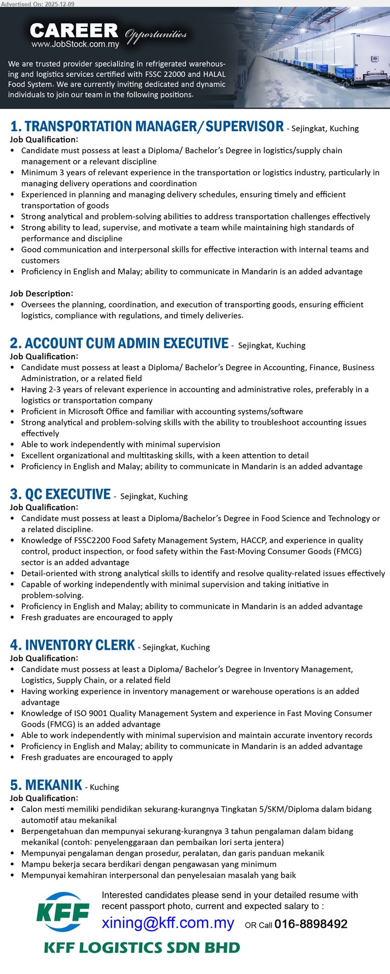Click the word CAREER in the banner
(74, 31)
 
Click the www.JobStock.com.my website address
(75, 44)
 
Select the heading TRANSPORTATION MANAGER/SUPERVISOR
(147, 127)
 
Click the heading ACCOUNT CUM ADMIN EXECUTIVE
(119, 343)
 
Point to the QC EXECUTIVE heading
(60, 494)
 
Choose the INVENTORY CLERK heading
(72, 645)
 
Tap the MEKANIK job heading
(46, 785)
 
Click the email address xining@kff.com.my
(168, 923)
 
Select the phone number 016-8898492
(311, 924)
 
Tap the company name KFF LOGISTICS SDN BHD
(142, 948)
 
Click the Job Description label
(41, 293)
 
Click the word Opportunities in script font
(156, 35)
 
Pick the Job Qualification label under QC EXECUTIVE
(44, 507)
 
